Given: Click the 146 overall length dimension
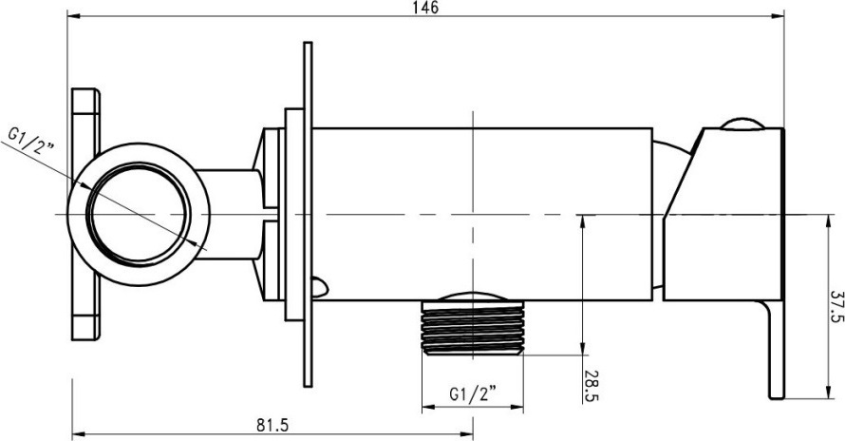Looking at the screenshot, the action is tap(425, 8).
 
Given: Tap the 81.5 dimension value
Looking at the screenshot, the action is tap(272, 426).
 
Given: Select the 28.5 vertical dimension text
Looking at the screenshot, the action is tap(591, 386).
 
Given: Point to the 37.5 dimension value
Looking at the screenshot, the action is tap(836, 307).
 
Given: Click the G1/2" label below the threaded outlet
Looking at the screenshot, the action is tap(473, 394).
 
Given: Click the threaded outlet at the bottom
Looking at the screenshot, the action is tap(473, 328).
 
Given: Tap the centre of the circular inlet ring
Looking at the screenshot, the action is tap(139, 215).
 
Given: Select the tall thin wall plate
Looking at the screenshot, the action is tap(308, 214).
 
